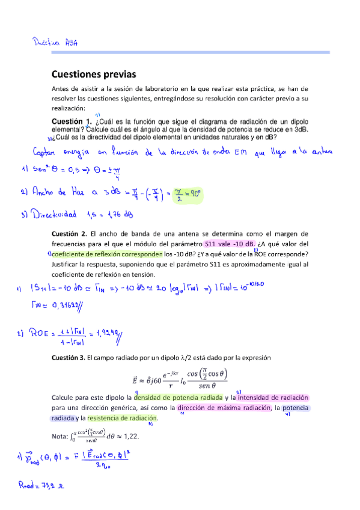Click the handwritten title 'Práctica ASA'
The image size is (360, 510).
click(55, 43)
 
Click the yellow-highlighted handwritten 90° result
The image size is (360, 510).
click(192, 194)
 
